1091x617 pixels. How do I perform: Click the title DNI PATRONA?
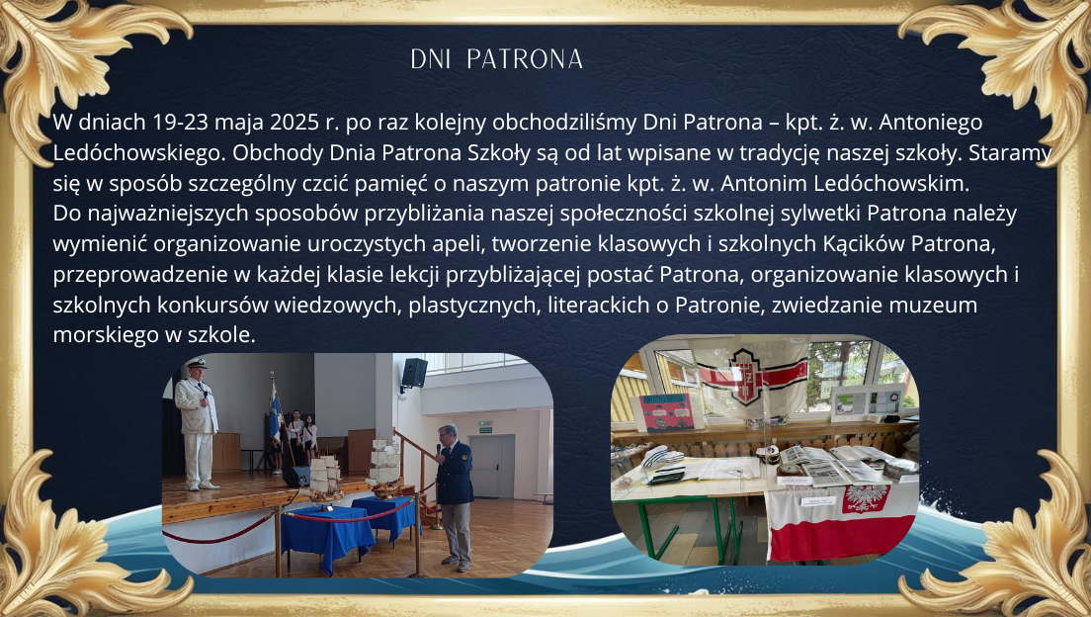[497, 60]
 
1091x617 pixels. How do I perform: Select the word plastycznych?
[473, 306]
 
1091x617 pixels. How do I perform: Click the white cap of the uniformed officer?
[197, 364]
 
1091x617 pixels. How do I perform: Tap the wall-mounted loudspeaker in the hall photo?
[414, 373]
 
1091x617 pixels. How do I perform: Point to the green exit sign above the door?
[485, 427]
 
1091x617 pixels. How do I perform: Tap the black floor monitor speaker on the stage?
[297, 477]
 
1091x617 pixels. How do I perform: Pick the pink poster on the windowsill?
[667, 412]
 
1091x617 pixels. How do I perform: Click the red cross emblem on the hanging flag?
[751, 376]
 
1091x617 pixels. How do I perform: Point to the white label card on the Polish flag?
[818, 500]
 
